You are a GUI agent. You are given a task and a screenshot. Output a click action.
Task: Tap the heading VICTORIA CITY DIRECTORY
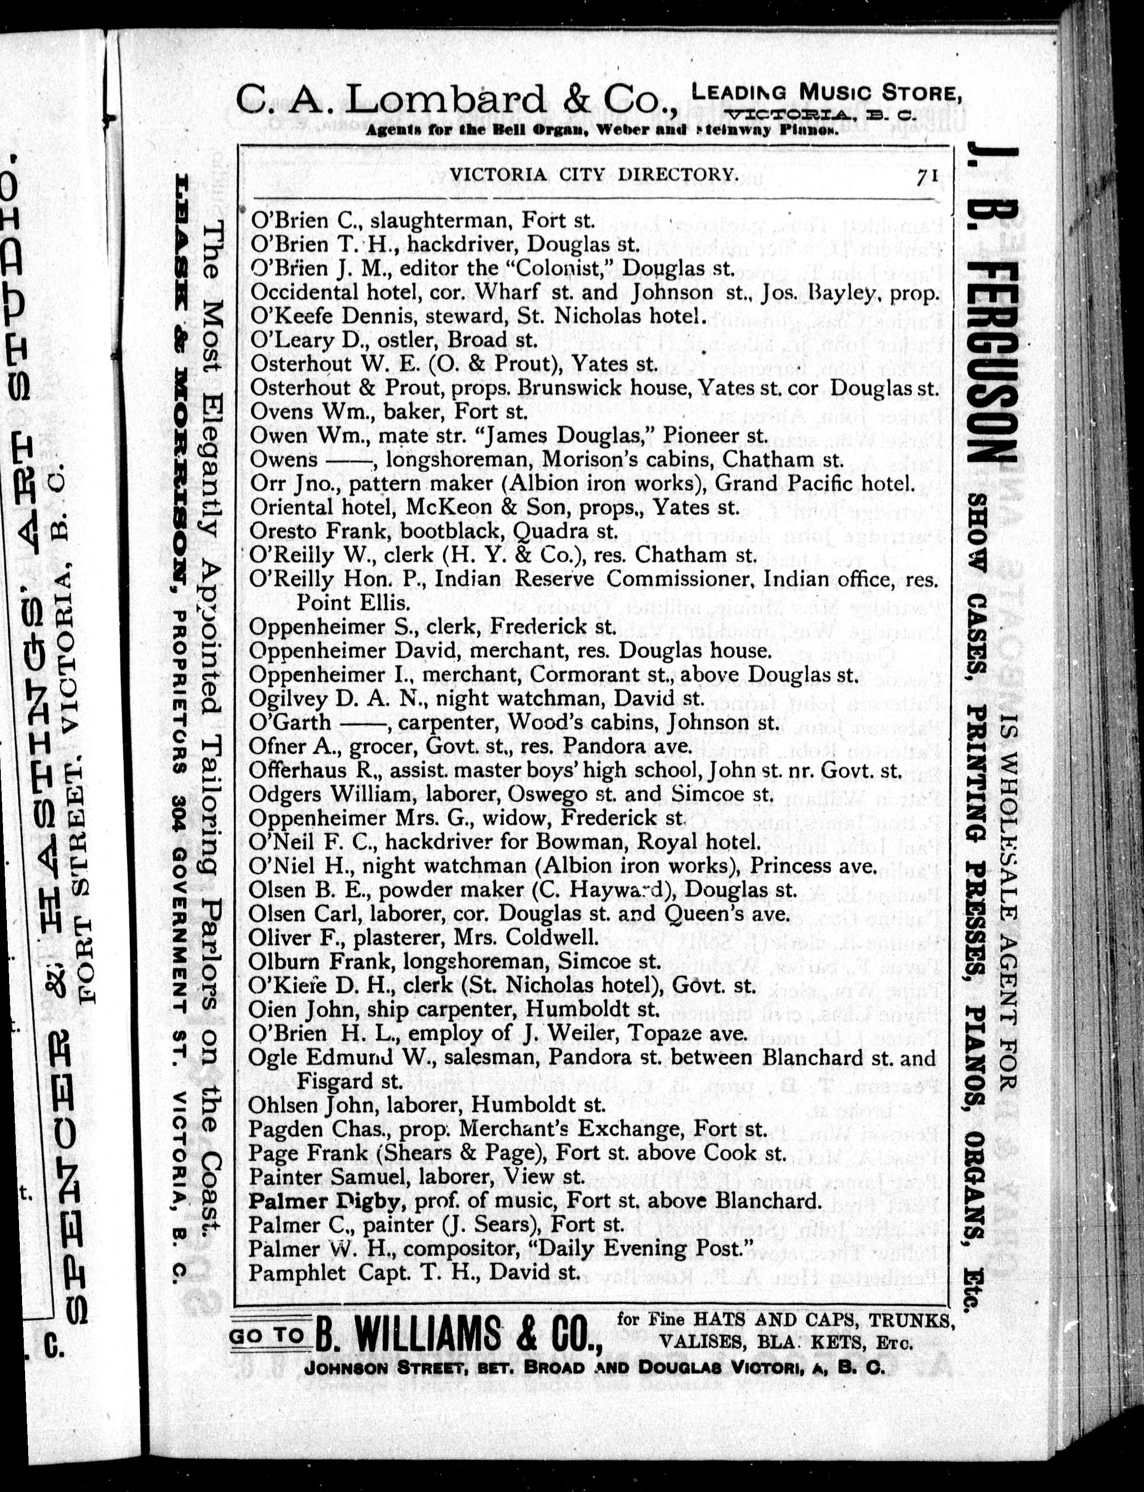(x=594, y=174)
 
